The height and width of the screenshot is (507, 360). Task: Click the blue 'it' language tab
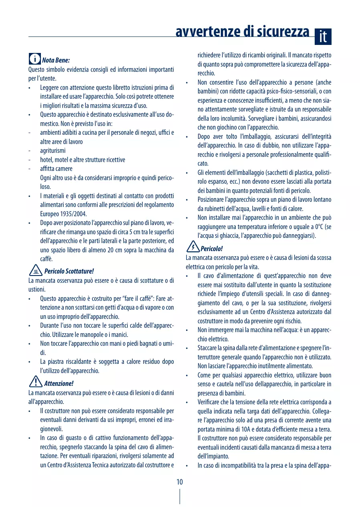(x=323, y=37)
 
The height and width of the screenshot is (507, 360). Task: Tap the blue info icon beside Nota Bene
(x=34, y=59)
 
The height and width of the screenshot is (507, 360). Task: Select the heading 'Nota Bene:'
(x=56, y=61)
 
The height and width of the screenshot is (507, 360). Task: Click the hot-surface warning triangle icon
(x=36, y=270)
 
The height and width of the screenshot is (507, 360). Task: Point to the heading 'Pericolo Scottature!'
(x=69, y=271)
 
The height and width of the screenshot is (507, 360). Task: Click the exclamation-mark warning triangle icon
(x=36, y=382)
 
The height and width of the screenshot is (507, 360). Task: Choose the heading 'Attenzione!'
(x=59, y=383)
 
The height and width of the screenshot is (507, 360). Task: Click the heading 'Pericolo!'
(x=212, y=249)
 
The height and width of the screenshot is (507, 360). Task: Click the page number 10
(x=180, y=482)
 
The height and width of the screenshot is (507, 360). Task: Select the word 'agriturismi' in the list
(x=53, y=151)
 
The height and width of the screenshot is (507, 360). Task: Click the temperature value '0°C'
(x=319, y=227)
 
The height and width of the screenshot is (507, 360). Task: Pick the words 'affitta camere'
(x=56, y=169)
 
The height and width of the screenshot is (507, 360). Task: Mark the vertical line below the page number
(x=180, y=496)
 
